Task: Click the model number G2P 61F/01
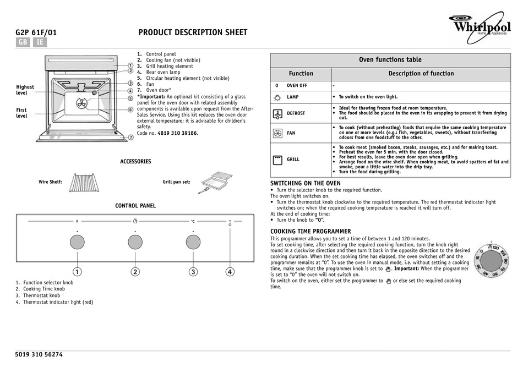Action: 36,32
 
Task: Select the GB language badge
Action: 23,42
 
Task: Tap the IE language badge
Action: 39,42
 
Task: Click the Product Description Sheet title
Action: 192,32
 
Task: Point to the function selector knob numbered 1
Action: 77,242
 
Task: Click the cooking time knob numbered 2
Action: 135,242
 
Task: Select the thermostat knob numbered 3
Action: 193,242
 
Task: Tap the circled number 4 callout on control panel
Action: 230,271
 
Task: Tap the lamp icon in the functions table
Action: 277,97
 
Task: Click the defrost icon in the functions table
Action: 277,113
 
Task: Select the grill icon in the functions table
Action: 277,160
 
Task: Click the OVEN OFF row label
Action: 297,86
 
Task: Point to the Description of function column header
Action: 421,73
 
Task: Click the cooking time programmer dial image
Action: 490,259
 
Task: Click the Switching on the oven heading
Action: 305,183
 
